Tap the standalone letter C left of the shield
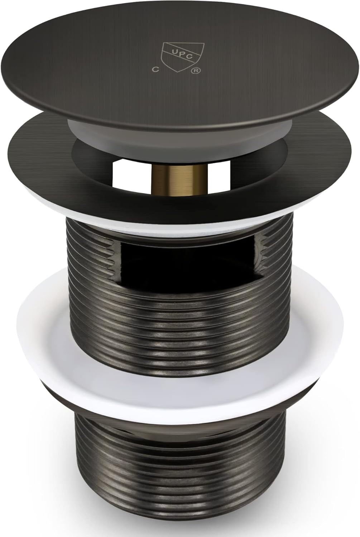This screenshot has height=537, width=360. [156, 69]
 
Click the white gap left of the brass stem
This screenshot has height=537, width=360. [133, 176]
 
